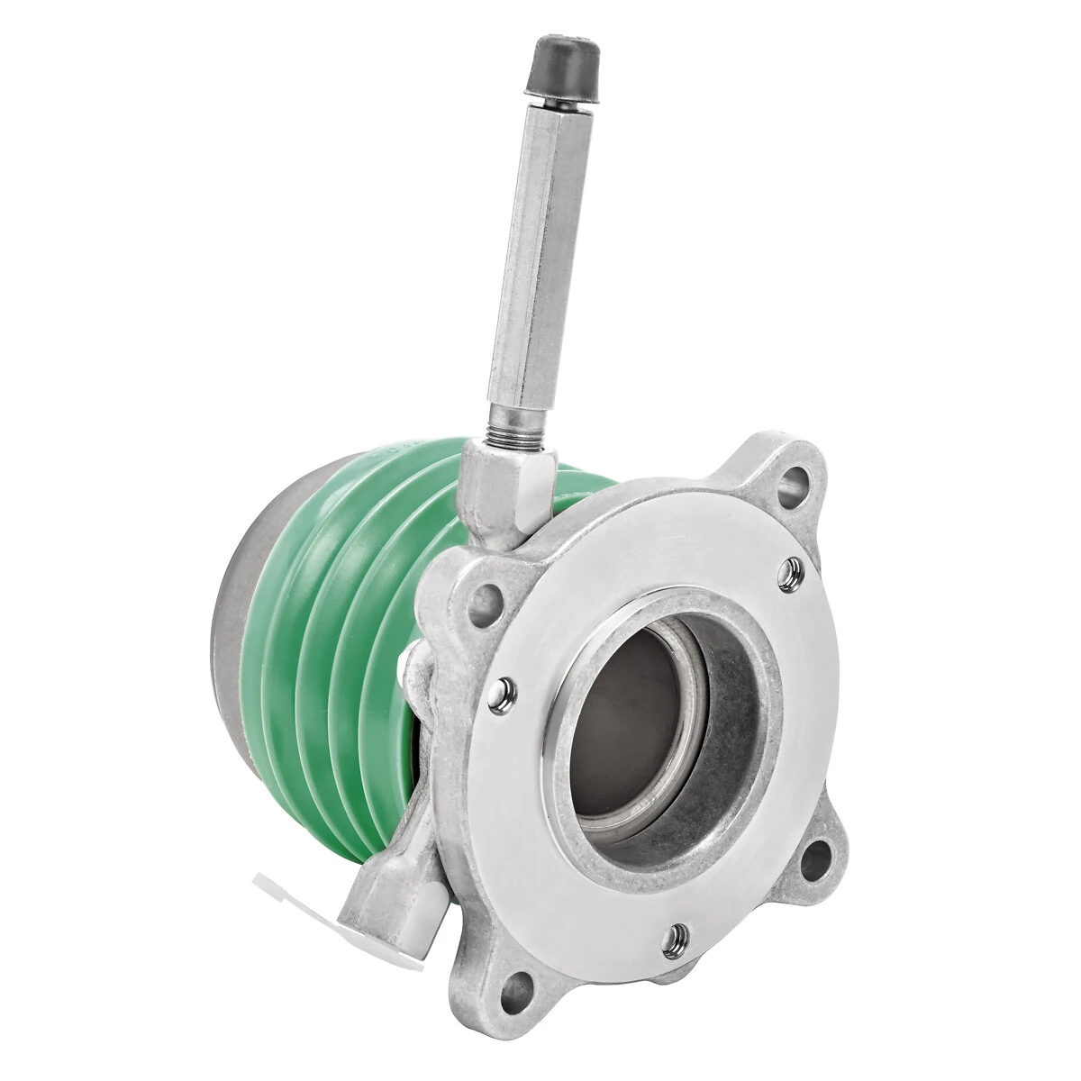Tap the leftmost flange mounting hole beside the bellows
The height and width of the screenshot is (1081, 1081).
tap(487, 595)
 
